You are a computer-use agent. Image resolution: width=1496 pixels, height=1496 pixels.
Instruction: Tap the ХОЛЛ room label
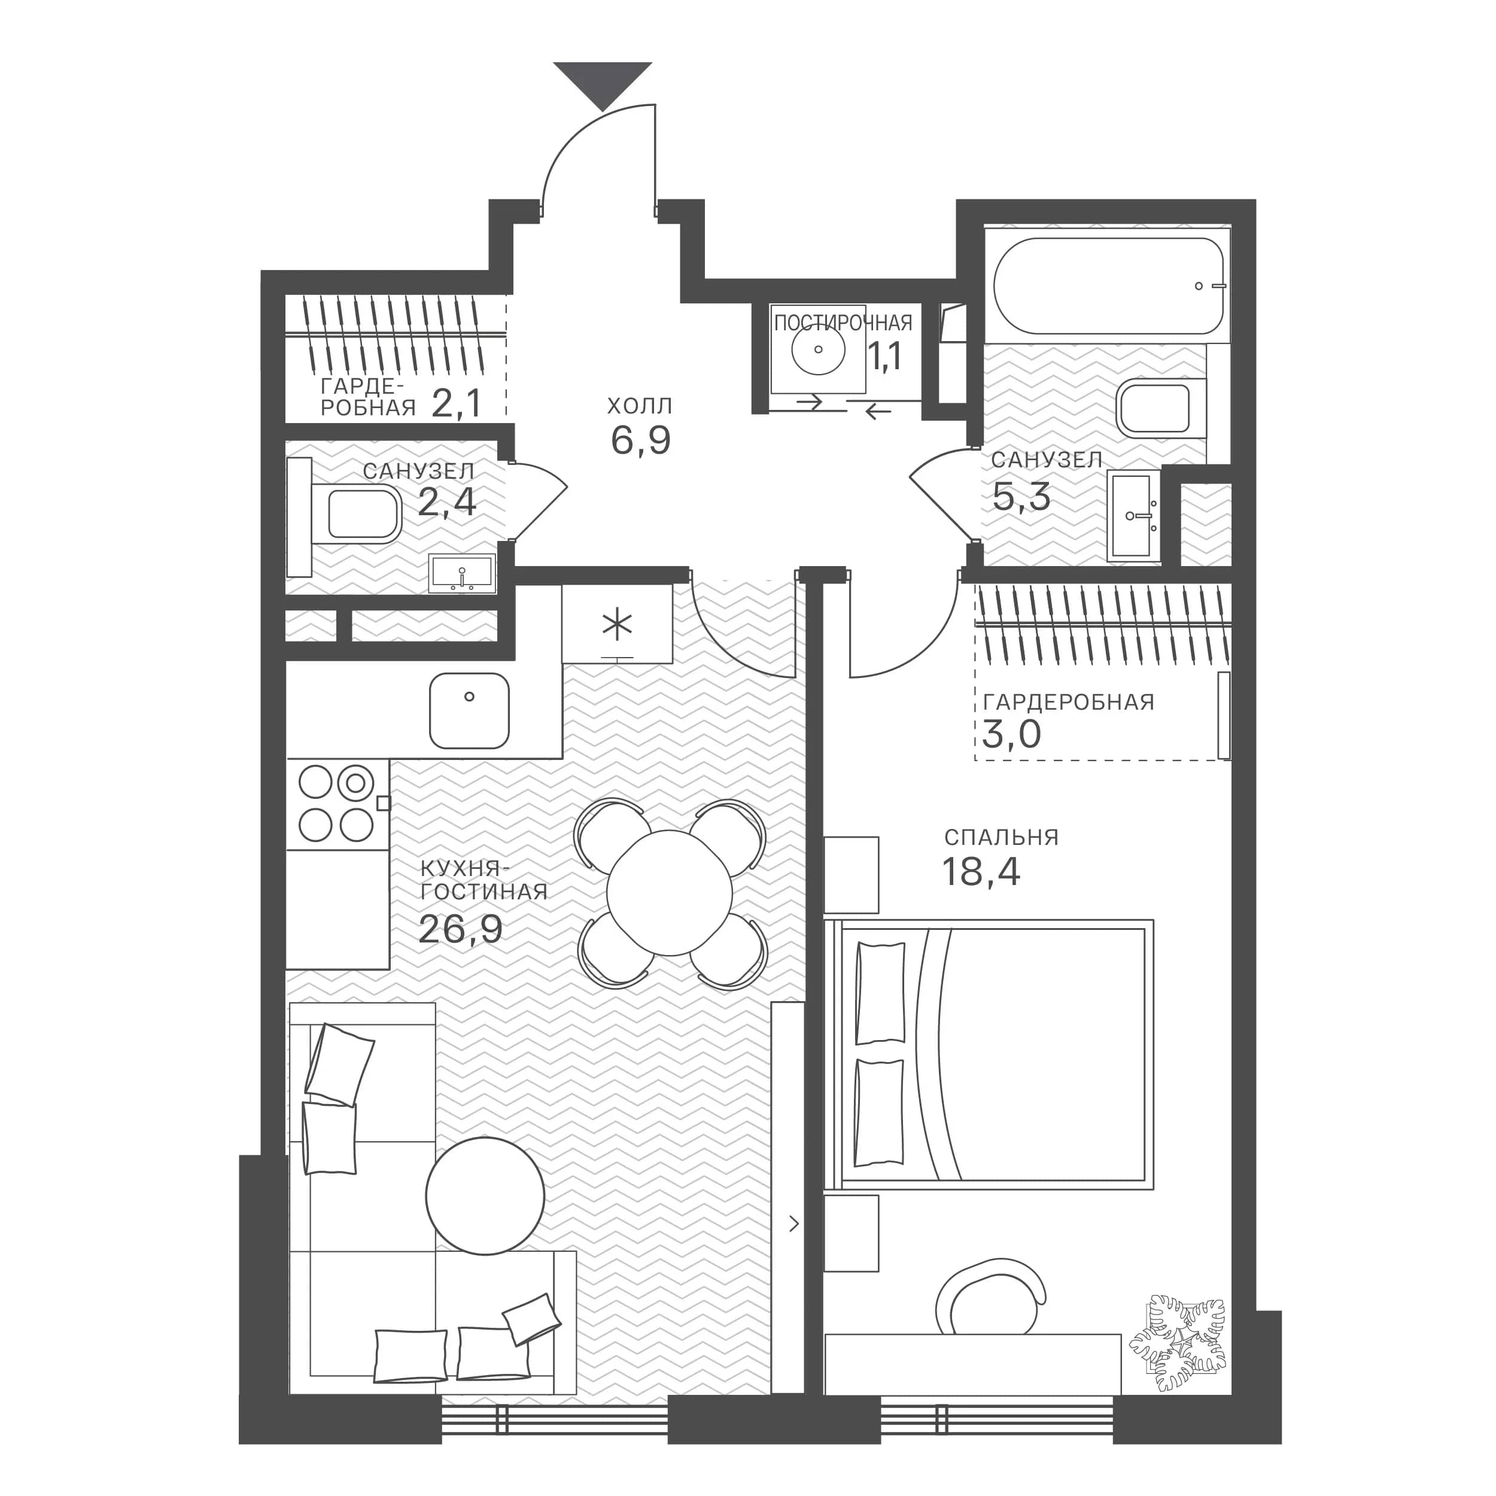tap(640, 406)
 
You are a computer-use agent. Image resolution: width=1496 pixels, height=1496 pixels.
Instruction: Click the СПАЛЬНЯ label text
tap(1001, 837)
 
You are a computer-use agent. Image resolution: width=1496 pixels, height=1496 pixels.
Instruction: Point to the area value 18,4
tap(981, 872)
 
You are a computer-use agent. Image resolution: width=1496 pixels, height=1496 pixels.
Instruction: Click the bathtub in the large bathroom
tap(1109, 285)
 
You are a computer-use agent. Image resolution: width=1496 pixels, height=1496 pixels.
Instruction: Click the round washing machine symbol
tap(819, 349)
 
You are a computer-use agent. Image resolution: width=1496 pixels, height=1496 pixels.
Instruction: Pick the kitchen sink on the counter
tap(469, 711)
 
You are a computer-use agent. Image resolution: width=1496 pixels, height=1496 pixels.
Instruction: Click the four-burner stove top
tap(337, 804)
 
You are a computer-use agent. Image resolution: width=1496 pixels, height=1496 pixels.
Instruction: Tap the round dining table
tap(670, 893)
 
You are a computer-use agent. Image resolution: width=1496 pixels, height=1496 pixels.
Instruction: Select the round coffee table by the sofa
tap(485, 1196)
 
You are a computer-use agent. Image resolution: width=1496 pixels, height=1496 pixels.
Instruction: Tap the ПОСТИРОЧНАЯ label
tap(843, 322)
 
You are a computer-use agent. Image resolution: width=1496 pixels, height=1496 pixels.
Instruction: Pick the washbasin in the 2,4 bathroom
tap(463, 574)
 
